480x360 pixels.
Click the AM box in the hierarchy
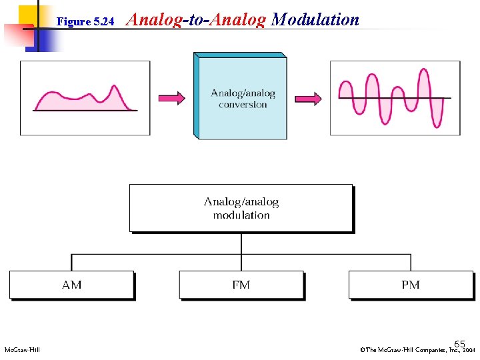click(71, 285)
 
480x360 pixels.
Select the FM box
click(241, 285)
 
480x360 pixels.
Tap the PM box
click(411, 285)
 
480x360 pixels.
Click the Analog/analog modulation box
click(241, 208)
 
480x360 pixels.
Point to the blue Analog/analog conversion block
click(241, 97)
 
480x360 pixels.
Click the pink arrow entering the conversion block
click(171, 99)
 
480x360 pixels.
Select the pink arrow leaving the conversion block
click(307, 99)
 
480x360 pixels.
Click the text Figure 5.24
click(86, 22)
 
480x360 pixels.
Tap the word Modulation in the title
click(315, 20)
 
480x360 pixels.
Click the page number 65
click(460, 341)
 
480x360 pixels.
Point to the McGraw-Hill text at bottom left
click(22, 350)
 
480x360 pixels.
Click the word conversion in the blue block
click(243, 105)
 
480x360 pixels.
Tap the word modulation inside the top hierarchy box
click(241, 215)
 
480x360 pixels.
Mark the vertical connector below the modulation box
click(241, 243)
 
